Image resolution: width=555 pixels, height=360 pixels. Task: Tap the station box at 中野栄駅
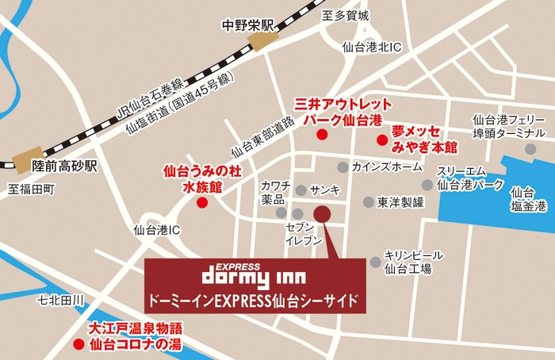[x=264, y=41]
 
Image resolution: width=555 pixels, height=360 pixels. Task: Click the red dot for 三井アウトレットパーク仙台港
[x=321, y=135]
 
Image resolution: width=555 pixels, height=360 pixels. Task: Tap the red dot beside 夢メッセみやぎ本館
[x=381, y=140]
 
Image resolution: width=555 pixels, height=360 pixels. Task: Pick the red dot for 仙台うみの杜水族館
[x=202, y=202]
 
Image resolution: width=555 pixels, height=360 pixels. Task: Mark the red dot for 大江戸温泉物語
[x=78, y=345]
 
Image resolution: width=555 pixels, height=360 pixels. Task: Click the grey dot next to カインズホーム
[x=343, y=167]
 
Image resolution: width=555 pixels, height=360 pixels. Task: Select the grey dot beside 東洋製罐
[x=368, y=201]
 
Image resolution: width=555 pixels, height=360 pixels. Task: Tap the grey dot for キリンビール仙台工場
[x=375, y=262]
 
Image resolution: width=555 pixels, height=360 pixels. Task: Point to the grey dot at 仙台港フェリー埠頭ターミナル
[x=530, y=149]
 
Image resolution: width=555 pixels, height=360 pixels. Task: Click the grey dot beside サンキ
[x=300, y=190]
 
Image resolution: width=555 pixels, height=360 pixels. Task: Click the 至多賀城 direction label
[x=346, y=15]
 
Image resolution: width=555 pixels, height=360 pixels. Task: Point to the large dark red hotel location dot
[x=322, y=213]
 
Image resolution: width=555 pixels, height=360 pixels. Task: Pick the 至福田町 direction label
[x=32, y=190]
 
